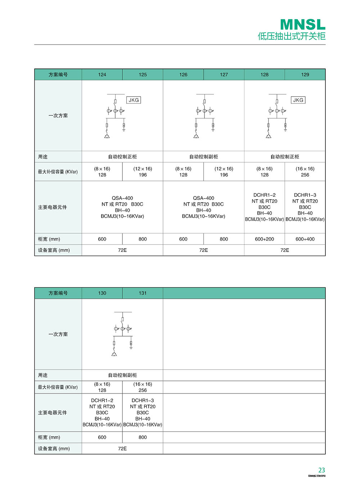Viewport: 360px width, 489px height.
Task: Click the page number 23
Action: [321, 470]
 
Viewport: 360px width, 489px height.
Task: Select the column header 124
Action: [102, 75]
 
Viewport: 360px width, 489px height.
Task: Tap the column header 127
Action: [224, 75]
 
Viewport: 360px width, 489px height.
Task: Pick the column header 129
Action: [305, 75]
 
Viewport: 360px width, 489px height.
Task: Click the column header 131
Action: [143, 293]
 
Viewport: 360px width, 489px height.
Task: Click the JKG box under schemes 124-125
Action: [134, 100]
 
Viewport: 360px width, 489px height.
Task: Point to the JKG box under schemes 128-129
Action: [298, 100]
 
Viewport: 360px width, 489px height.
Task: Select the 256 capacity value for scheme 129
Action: [305, 175]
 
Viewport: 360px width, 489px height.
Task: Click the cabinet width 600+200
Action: [265, 239]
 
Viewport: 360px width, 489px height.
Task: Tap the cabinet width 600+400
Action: [305, 239]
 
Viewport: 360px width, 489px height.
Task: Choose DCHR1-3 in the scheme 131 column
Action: [143, 400]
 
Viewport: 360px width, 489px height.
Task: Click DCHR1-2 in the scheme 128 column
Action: [265, 195]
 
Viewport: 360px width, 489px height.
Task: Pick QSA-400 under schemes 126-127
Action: [203, 198]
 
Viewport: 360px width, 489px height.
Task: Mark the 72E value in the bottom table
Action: [122, 449]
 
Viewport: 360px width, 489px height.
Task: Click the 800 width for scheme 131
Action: [143, 437]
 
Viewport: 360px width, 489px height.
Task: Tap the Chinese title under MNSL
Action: [292, 36]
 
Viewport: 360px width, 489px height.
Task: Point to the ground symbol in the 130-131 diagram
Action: [131, 347]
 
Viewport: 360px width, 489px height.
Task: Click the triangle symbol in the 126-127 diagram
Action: [196, 136]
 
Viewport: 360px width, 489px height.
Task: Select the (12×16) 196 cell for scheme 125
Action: [143, 172]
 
